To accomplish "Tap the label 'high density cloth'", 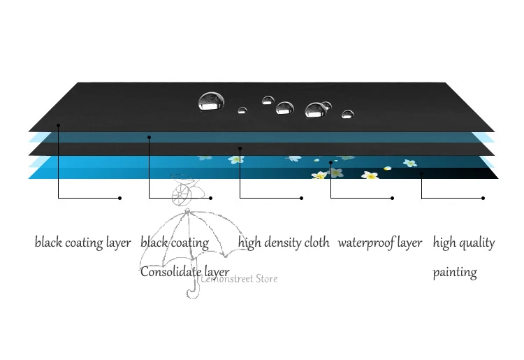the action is point(284,243).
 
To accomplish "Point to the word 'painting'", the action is point(455,273).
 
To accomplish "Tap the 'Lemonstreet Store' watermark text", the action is point(239,279).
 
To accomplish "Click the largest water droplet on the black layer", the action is point(211,101).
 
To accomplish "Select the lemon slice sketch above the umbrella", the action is point(181,194).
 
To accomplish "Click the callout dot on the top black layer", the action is point(59,125).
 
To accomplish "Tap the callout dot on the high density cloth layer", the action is point(240,148).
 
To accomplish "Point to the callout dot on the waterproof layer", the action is point(331,163).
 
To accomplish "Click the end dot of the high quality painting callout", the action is point(483,199).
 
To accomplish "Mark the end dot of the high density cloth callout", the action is point(301,199).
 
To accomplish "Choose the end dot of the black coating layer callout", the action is point(119,199).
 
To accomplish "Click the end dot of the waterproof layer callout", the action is point(393,199).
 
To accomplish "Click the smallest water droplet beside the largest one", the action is point(242,110).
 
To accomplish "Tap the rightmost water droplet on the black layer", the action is point(348,114).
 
